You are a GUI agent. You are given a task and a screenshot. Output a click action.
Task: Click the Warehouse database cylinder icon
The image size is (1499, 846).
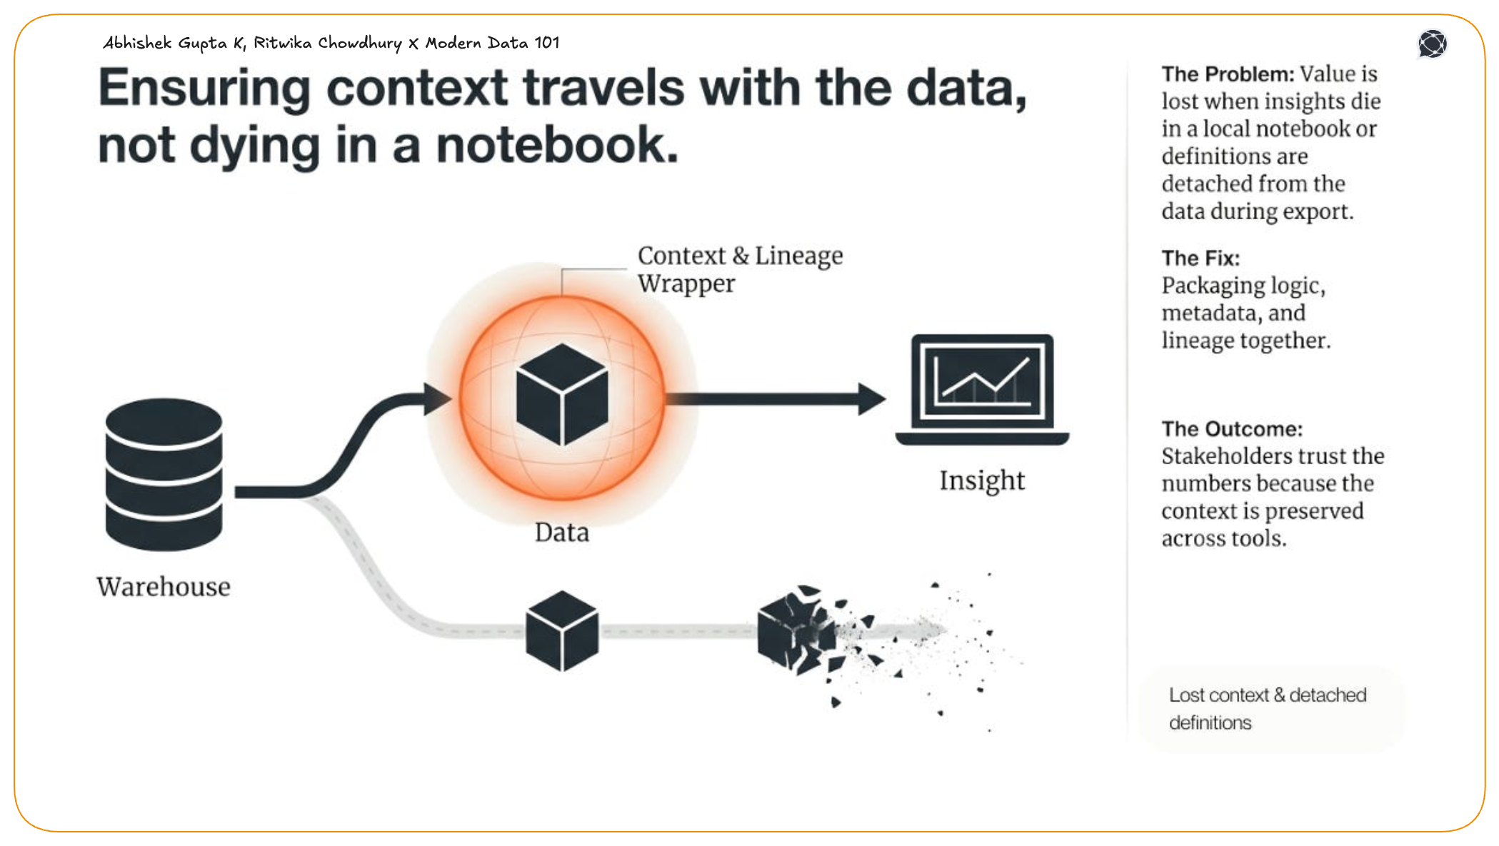click(x=164, y=474)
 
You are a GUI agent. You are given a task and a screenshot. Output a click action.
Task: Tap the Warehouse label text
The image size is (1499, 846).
click(x=164, y=587)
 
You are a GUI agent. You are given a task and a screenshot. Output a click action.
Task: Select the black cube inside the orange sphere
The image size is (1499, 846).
click(x=562, y=394)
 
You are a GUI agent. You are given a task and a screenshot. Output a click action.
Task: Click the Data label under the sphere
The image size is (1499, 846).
click(x=562, y=533)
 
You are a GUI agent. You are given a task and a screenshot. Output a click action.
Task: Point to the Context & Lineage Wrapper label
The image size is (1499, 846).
click(x=739, y=269)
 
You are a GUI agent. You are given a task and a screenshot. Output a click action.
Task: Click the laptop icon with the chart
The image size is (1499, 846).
click(x=982, y=389)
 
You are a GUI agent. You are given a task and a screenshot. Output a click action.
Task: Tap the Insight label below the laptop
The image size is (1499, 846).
click(x=982, y=480)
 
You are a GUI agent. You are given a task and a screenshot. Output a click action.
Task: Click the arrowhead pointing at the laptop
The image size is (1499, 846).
click(x=871, y=398)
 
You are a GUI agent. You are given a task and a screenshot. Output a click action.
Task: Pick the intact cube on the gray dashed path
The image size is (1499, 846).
click(x=562, y=630)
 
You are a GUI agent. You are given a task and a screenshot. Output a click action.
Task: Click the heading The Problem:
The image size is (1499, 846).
click(x=1227, y=74)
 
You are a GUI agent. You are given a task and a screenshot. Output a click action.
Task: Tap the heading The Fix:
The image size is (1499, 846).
click(x=1200, y=258)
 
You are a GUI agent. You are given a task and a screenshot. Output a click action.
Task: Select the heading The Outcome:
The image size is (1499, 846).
click(x=1231, y=428)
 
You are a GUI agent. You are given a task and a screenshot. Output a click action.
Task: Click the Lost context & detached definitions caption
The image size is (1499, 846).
click(x=1267, y=708)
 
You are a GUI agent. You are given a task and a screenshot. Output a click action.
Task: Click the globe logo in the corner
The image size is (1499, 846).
click(x=1432, y=44)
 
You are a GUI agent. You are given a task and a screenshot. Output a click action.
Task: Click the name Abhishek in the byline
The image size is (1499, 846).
click(x=137, y=43)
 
